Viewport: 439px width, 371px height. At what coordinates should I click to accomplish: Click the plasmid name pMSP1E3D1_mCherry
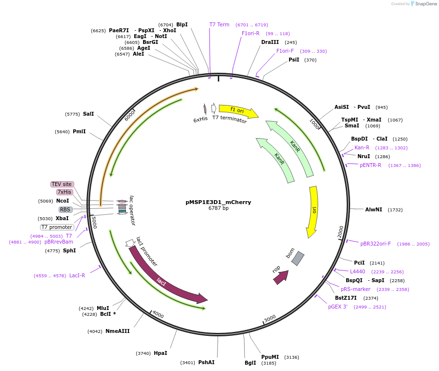pyautogui.click(x=218, y=202)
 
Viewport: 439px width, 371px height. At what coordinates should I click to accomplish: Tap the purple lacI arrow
pyautogui.click(x=166, y=279)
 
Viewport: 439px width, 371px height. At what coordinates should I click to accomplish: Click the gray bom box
pyautogui.click(x=297, y=258)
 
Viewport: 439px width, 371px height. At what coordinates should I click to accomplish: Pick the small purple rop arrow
pyautogui.click(x=281, y=277)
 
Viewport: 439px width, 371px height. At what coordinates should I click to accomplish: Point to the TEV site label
pyautogui.click(x=62, y=184)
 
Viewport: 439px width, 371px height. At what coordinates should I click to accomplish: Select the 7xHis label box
pyautogui.click(x=64, y=192)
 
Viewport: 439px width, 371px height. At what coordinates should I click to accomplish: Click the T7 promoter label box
pyautogui.click(x=57, y=227)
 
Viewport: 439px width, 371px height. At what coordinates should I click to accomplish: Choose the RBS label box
pyautogui.click(x=65, y=209)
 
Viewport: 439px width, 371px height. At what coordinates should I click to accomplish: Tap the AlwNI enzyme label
pyautogui.click(x=374, y=209)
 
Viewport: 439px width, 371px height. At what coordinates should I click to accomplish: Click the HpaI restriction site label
pyautogui.click(x=161, y=353)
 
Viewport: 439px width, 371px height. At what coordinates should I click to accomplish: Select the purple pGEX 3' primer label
pyautogui.click(x=338, y=307)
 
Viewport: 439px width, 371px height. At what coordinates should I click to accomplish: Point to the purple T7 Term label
pyautogui.click(x=219, y=24)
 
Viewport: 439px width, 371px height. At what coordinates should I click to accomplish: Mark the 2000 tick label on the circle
pyautogui.click(x=340, y=231)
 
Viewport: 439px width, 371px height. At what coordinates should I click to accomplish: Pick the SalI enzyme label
pyautogui.click(x=88, y=114)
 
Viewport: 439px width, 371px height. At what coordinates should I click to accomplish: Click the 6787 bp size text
pyautogui.click(x=218, y=208)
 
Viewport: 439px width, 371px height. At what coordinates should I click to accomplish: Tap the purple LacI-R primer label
pyautogui.click(x=77, y=275)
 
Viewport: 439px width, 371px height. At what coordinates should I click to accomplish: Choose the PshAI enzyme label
pyautogui.click(x=207, y=362)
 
